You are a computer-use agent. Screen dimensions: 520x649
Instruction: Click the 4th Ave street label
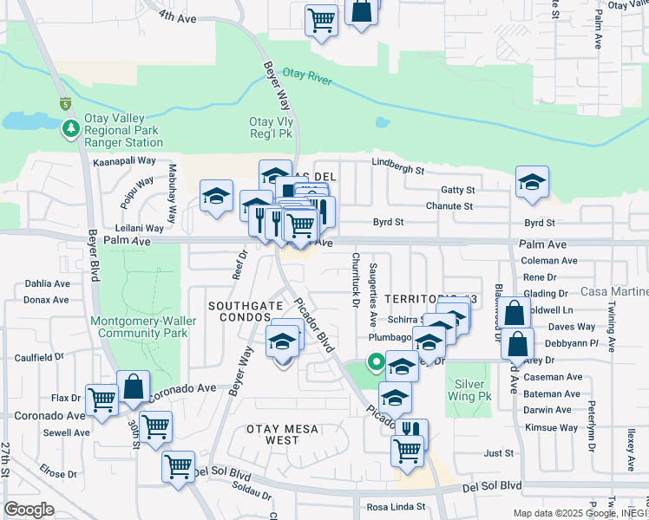[177, 16]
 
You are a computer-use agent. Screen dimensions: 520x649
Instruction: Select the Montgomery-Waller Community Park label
[143, 327]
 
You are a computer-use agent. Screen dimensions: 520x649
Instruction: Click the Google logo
[29, 509]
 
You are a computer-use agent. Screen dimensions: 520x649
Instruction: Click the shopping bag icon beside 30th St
[134, 387]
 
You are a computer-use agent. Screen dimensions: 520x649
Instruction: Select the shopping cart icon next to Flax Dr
[102, 400]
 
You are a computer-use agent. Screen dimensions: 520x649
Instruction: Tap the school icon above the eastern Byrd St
[532, 181]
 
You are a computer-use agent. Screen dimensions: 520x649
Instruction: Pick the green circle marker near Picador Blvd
[376, 362]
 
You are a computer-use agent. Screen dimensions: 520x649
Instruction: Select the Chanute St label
[449, 206]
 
